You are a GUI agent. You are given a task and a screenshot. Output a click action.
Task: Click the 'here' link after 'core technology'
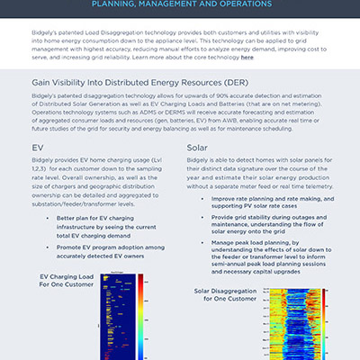pos(247,56)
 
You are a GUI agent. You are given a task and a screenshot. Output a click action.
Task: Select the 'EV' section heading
pos(38,146)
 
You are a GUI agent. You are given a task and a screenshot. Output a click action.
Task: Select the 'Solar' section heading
pos(200,146)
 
